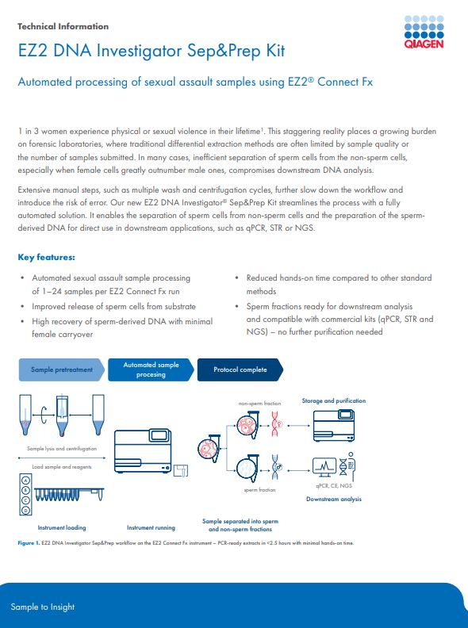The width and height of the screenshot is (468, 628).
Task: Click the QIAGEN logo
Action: pyautogui.click(x=424, y=32)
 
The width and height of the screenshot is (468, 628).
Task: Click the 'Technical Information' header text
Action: pyautogui.click(x=63, y=26)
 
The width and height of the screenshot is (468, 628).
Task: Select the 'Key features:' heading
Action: pyautogui.click(x=46, y=257)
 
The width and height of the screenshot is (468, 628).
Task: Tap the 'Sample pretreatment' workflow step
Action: pyautogui.click(x=62, y=370)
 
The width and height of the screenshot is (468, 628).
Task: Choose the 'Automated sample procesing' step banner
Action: pyautogui.click(x=151, y=370)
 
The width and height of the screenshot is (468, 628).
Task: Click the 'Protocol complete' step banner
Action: pyautogui.click(x=240, y=370)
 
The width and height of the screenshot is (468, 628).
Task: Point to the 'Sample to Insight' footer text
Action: pyautogui.click(x=43, y=607)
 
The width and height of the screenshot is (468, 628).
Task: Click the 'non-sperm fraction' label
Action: pyautogui.click(x=259, y=404)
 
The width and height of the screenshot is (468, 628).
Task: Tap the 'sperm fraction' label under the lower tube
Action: pyautogui.click(x=259, y=490)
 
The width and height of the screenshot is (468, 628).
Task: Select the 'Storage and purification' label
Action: pyautogui.click(x=334, y=400)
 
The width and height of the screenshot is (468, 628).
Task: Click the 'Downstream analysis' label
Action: pyautogui.click(x=334, y=499)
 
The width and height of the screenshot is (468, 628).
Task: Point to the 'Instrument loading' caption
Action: pyautogui.click(x=62, y=528)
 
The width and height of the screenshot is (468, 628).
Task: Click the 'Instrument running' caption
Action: pyautogui.click(x=151, y=528)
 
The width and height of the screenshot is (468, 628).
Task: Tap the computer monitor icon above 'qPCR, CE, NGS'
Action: pyautogui.click(x=324, y=467)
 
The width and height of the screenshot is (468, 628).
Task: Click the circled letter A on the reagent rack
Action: pyautogui.click(x=26, y=480)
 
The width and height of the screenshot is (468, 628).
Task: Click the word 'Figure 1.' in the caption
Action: pyautogui.click(x=29, y=543)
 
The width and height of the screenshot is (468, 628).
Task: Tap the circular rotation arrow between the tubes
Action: pyautogui.click(x=44, y=415)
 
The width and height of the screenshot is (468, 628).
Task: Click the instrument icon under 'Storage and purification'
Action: pyautogui.click(x=334, y=425)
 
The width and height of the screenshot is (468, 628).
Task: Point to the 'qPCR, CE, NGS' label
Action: pyautogui.click(x=334, y=485)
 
